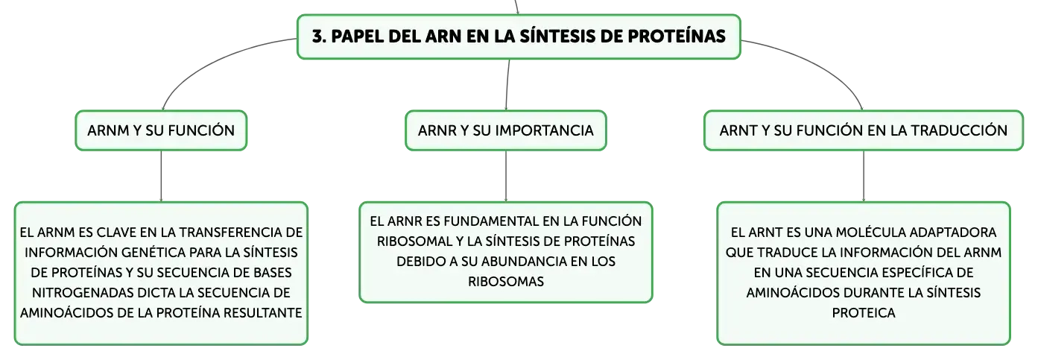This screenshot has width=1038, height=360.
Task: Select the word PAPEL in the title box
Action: (357, 36)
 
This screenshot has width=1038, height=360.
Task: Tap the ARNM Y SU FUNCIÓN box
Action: (161, 130)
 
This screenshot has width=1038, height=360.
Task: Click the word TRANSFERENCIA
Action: (231, 232)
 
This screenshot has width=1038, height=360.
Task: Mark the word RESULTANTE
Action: (263, 313)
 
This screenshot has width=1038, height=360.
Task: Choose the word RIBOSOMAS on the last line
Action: (506, 281)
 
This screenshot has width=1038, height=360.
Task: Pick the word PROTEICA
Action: (864, 313)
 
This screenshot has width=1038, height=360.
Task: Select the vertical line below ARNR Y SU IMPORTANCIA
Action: (505, 176)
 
